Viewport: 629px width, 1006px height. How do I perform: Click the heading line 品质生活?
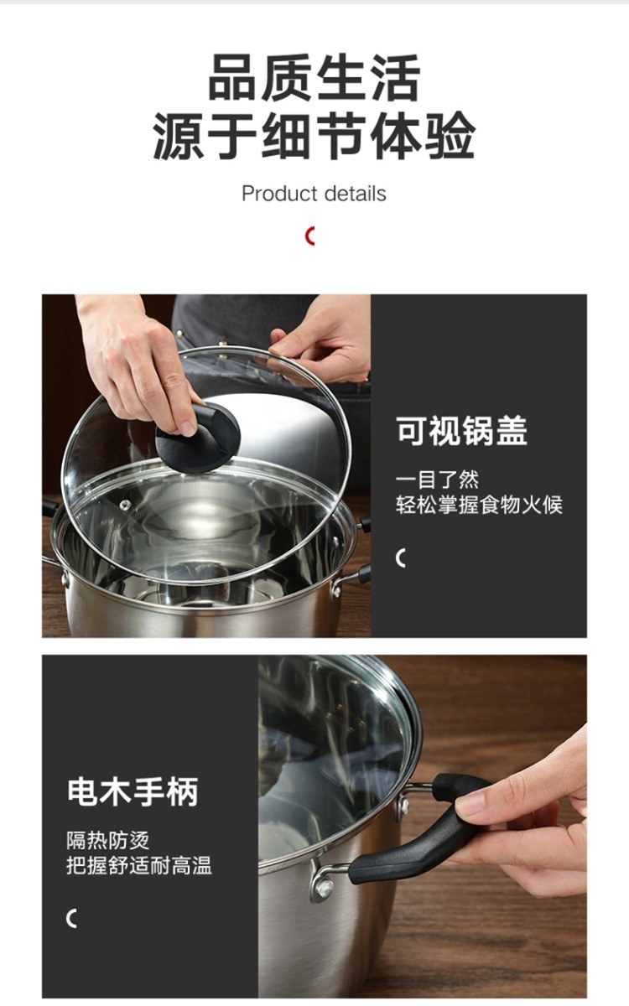click(x=314, y=77)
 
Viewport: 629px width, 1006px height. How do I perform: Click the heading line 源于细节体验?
click(x=314, y=135)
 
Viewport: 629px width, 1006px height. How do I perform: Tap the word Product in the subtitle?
click(x=279, y=194)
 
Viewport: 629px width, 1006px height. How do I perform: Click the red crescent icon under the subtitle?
click(x=309, y=236)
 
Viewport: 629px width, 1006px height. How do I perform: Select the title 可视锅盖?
click(x=461, y=430)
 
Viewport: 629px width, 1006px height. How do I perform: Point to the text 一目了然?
click(x=437, y=480)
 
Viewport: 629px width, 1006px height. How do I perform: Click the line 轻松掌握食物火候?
click(x=479, y=505)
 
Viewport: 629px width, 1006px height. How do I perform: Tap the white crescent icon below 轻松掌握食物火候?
click(x=400, y=557)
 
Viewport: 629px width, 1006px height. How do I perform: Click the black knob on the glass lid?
click(x=198, y=438)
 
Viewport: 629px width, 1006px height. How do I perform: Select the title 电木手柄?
click(x=133, y=791)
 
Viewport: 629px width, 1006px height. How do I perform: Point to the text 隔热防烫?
click(x=108, y=840)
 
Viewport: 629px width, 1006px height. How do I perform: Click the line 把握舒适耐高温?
click(x=139, y=865)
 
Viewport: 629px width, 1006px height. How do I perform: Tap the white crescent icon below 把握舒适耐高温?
click(x=70, y=918)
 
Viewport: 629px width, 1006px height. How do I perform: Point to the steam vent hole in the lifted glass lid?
click(x=125, y=505)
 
